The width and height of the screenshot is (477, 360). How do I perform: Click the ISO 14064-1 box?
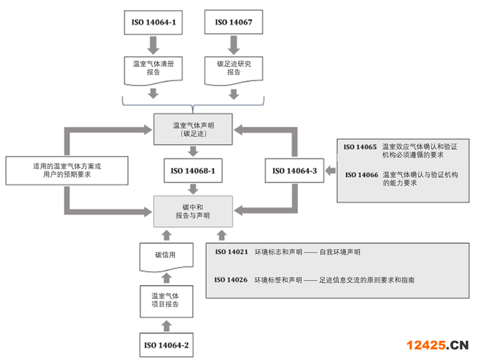(x=153, y=23)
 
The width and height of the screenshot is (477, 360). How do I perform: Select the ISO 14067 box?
(x=234, y=22)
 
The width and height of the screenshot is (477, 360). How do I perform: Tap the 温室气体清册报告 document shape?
(x=153, y=70)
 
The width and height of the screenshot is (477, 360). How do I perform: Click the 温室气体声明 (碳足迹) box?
(x=193, y=129)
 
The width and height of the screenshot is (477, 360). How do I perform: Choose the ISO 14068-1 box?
(x=193, y=171)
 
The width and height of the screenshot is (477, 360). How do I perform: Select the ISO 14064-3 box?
(x=294, y=171)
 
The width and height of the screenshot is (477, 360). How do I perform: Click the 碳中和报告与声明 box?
(x=193, y=211)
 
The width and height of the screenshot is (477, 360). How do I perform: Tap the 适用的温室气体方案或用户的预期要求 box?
(x=67, y=170)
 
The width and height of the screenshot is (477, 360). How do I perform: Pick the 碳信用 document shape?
(x=166, y=257)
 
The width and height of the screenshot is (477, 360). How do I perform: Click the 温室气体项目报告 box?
(x=166, y=302)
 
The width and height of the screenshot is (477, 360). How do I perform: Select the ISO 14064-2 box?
(x=166, y=345)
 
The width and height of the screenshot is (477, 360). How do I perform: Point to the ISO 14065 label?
(x=360, y=147)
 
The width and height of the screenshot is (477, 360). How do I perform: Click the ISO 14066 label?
(x=362, y=175)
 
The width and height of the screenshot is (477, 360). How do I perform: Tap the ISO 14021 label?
(x=231, y=252)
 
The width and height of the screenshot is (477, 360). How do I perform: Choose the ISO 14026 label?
(x=231, y=280)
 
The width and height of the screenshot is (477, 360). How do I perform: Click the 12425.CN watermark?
(x=437, y=345)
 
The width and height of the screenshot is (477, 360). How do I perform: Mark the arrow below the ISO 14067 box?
(x=234, y=45)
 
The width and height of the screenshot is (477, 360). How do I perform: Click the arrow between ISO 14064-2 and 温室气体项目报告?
(x=166, y=326)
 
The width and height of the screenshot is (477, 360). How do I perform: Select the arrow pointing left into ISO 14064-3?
(x=331, y=171)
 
